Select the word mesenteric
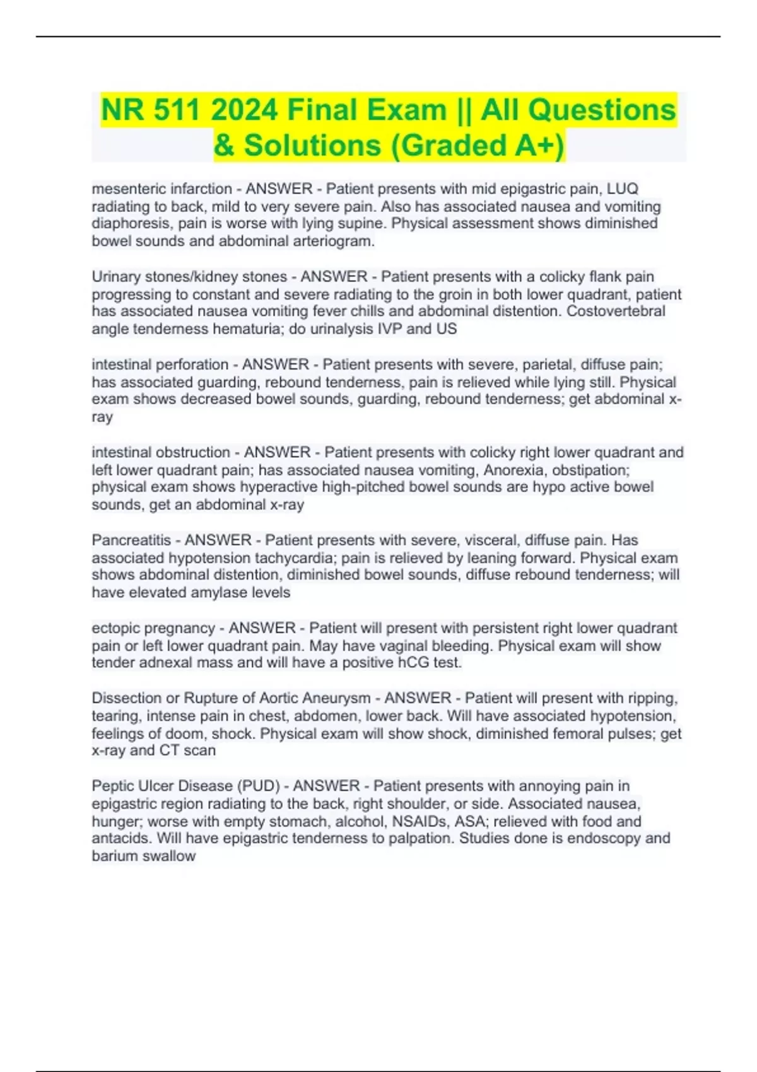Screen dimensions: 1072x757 point(131,189)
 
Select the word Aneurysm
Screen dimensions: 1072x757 point(337,698)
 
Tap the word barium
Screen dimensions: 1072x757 point(115,856)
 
